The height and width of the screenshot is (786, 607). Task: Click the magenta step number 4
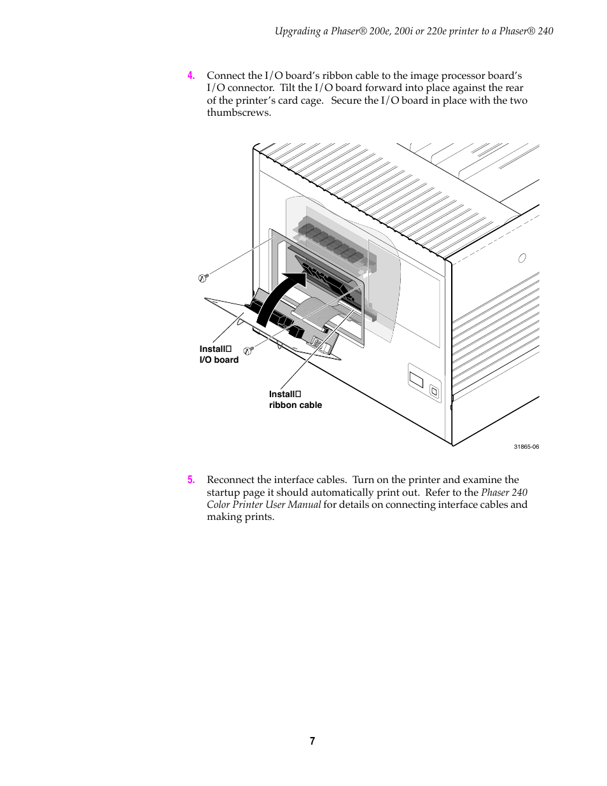pyautogui.click(x=191, y=76)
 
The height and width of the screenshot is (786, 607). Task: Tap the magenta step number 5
pyautogui.click(x=191, y=480)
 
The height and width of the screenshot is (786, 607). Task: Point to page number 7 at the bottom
pyautogui.click(x=312, y=741)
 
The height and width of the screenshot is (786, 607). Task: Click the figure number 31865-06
pyautogui.click(x=526, y=447)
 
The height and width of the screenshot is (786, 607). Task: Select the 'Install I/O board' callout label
pyautogui.click(x=219, y=354)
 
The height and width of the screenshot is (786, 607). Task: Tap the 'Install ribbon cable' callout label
pyautogui.click(x=295, y=400)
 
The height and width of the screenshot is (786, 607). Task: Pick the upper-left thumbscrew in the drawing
pyautogui.click(x=203, y=277)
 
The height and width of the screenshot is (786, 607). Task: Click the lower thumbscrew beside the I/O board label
pyautogui.click(x=248, y=350)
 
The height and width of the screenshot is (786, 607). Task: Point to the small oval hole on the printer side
pyautogui.click(x=522, y=258)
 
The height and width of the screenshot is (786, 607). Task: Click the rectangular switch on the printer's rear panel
pyautogui.click(x=416, y=380)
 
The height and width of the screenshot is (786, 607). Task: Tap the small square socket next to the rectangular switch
pyautogui.click(x=434, y=391)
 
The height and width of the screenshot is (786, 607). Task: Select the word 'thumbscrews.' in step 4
pyautogui.click(x=239, y=113)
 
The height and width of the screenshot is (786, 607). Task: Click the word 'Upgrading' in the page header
pyautogui.click(x=297, y=31)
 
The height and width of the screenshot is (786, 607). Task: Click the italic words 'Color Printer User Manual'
pyautogui.click(x=263, y=505)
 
